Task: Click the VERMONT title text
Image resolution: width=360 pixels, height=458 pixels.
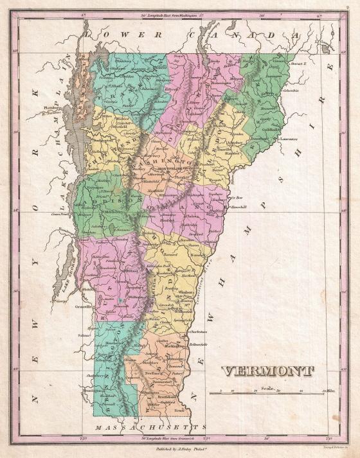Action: pos(268,371)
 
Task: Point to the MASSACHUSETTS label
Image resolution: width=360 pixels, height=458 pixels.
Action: pos(150,426)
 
